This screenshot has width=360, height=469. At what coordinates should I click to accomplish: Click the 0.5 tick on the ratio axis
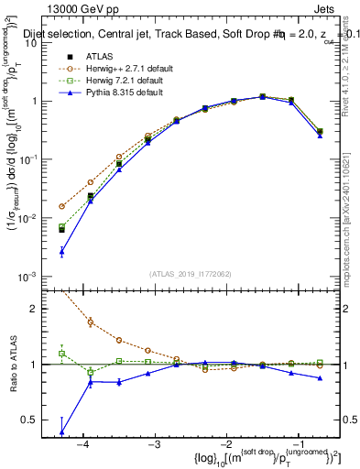tap(36, 420)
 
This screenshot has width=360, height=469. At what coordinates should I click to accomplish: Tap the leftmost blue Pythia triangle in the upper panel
tap(61, 251)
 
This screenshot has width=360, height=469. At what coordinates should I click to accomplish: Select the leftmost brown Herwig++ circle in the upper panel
tap(61, 206)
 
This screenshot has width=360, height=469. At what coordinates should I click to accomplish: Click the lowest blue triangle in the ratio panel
tap(61, 431)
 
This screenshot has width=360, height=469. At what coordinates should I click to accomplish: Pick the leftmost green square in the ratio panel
tap(61, 353)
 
